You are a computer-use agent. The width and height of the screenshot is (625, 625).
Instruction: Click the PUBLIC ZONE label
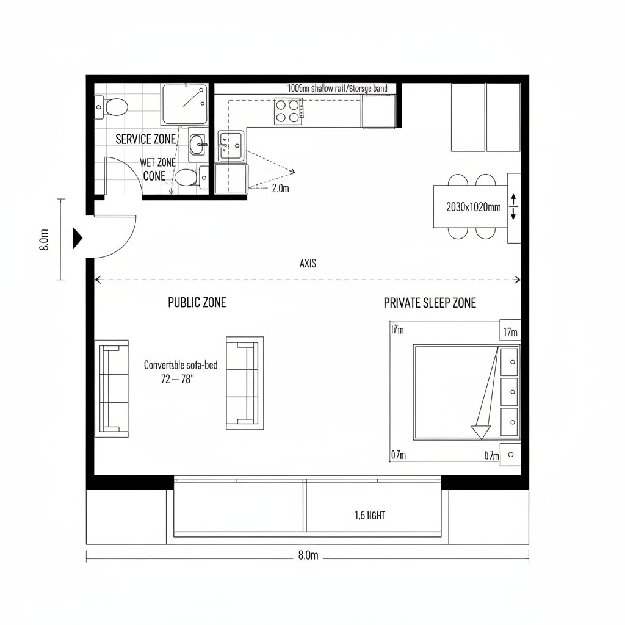(x=197, y=303)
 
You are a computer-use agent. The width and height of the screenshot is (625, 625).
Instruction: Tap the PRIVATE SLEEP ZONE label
(x=430, y=303)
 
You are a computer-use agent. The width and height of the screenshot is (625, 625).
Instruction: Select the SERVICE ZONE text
(x=145, y=139)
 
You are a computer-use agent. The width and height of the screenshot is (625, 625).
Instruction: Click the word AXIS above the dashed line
(x=308, y=264)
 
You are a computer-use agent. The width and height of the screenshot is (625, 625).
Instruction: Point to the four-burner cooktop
(x=288, y=110)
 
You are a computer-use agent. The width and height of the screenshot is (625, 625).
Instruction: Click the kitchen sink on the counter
(x=230, y=145)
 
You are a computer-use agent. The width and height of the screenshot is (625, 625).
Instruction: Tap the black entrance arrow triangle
(x=78, y=237)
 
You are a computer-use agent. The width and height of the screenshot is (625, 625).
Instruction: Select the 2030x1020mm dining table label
(x=474, y=207)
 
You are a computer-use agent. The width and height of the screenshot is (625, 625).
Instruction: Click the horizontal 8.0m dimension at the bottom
(x=308, y=555)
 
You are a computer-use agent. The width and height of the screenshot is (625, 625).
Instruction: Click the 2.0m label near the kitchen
(x=280, y=189)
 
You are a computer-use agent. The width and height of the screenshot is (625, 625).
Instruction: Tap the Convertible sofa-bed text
(x=181, y=365)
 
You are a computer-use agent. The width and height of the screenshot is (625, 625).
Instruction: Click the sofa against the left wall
(x=112, y=388)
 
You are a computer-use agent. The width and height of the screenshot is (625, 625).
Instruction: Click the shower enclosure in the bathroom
(x=184, y=104)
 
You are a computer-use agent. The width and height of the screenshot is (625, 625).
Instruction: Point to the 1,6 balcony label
(x=370, y=516)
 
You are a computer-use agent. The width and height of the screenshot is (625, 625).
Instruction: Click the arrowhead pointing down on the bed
(x=480, y=432)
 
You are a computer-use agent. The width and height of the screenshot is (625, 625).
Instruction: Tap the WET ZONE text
(x=157, y=162)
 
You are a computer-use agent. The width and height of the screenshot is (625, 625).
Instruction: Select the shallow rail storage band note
(x=337, y=89)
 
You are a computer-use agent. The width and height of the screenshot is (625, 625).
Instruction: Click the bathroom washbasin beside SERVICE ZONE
(x=198, y=145)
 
